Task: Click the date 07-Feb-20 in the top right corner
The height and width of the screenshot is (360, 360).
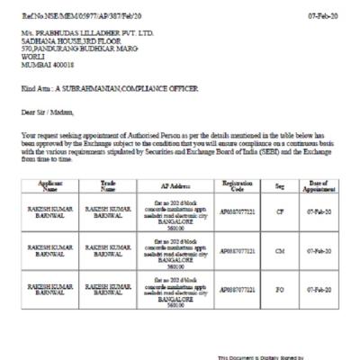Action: [x=323, y=16]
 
